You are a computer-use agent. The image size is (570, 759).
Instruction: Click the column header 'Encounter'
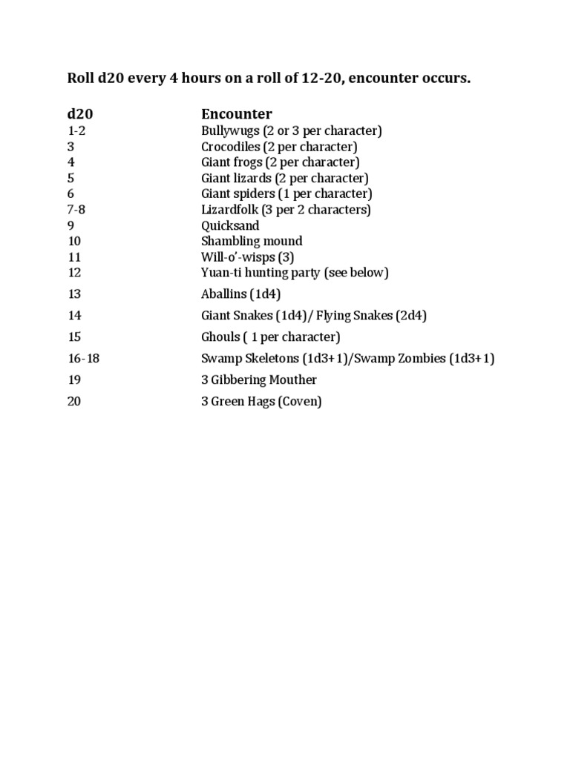pos(237,114)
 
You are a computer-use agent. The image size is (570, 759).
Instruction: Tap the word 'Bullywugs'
pos(230,131)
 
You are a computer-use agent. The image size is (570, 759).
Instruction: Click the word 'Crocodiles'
pos(230,147)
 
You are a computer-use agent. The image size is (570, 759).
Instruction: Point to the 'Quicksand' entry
pos(230,225)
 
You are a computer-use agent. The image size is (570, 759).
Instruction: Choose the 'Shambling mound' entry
pos(252,241)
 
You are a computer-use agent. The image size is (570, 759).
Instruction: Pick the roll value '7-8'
pos(76,210)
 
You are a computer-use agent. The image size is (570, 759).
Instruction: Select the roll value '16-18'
pos(83,359)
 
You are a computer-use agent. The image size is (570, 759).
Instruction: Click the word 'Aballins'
pos(223,294)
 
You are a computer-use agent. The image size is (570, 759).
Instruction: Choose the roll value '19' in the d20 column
pos(74,380)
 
